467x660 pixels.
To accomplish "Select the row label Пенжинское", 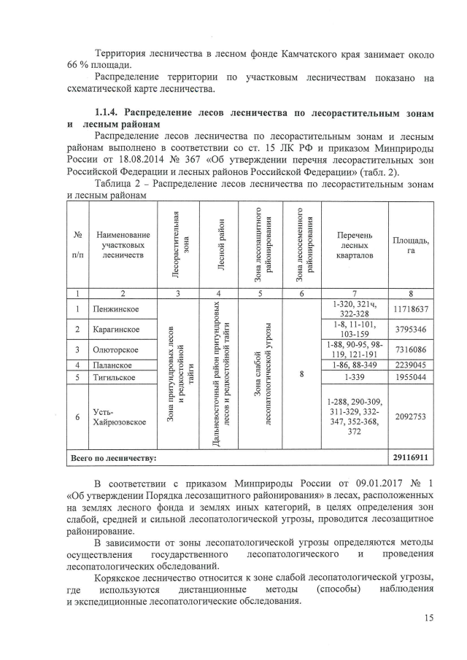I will pyautogui.click(x=117, y=309).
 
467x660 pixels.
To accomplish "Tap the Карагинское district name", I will pyautogui.click(x=117, y=330).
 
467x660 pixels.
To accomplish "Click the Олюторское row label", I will pyautogui.click(x=117, y=350).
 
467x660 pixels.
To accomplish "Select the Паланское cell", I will pyautogui.click(x=113, y=365).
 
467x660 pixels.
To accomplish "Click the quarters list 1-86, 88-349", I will pyautogui.click(x=355, y=365).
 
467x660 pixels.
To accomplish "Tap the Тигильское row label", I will pyautogui.click(x=115, y=377).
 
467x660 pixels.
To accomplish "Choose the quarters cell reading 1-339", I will pyautogui.click(x=355, y=377).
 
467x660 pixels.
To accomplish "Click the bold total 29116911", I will pyautogui.click(x=411, y=459).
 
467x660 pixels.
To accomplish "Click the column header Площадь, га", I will pyautogui.click(x=411, y=245).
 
